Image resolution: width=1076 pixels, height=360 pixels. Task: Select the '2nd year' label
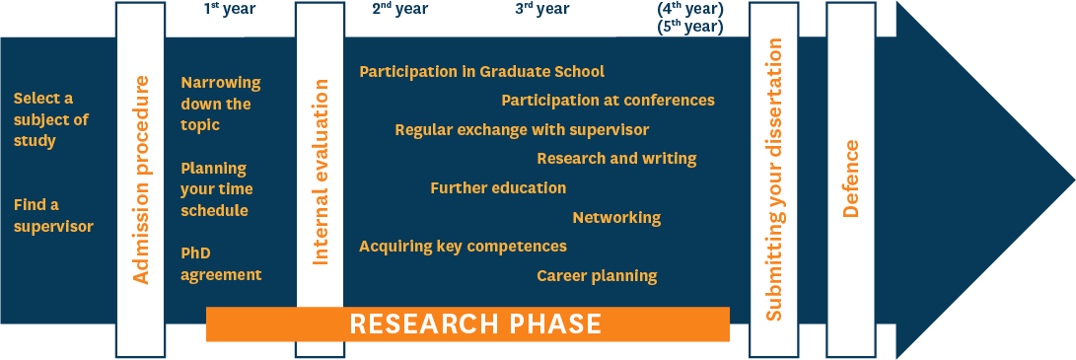click(x=400, y=8)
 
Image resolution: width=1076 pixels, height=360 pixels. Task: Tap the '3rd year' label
click(x=542, y=8)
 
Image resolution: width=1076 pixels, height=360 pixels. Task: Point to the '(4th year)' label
click(x=690, y=9)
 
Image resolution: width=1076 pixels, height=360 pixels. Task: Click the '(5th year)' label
click(x=690, y=27)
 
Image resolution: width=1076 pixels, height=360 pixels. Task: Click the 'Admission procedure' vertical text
click(x=140, y=180)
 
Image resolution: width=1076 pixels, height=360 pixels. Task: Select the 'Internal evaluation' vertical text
click(x=321, y=173)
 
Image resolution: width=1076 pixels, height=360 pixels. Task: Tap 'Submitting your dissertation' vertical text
click(x=773, y=179)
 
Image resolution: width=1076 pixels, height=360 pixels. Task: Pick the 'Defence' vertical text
click(x=851, y=180)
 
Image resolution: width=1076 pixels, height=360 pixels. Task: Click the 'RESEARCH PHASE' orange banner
click(x=467, y=324)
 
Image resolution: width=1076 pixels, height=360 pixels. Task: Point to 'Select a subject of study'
click(x=51, y=120)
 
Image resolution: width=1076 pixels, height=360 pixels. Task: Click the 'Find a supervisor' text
click(x=53, y=215)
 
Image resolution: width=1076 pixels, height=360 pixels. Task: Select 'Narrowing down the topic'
click(x=221, y=104)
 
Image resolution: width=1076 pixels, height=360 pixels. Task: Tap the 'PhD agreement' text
click(x=221, y=264)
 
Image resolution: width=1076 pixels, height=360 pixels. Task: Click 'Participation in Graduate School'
click(x=481, y=71)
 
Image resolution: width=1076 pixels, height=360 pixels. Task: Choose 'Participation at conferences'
click(x=608, y=101)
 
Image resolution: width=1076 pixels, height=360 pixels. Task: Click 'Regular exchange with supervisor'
click(x=522, y=129)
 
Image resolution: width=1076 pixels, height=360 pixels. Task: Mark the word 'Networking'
click(x=617, y=218)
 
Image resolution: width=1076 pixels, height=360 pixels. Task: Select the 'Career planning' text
click(x=597, y=276)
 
